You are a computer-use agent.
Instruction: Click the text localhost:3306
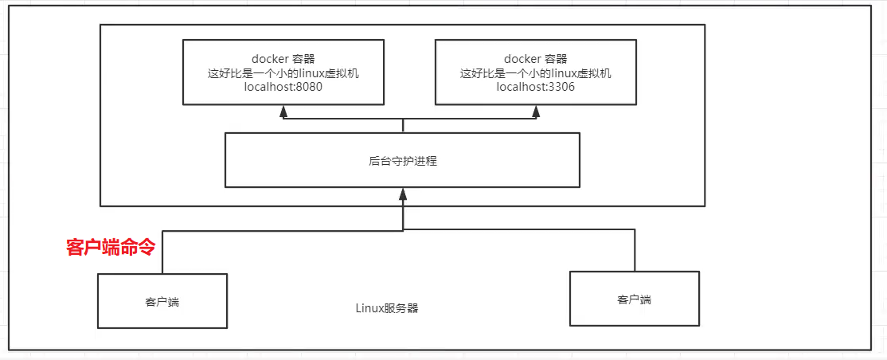point(535,88)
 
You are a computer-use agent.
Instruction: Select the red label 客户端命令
point(110,248)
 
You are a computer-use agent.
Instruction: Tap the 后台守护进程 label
point(403,161)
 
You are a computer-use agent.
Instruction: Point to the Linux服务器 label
point(387,308)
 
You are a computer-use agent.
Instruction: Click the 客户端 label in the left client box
point(162,302)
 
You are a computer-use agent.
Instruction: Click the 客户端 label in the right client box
point(634,299)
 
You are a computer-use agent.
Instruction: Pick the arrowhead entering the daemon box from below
point(403,193)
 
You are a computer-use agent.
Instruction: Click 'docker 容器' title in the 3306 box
point(535,59)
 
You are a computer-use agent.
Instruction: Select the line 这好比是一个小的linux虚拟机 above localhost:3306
point(535,73)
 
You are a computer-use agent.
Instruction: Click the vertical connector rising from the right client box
point(635,251)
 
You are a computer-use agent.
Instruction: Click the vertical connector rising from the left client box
point(162,252)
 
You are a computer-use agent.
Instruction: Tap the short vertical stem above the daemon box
point(403,126)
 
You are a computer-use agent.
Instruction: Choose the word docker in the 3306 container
point(521,59)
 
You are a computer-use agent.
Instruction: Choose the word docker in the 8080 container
point(270,59)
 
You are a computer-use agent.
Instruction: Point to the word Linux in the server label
point(369,308)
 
